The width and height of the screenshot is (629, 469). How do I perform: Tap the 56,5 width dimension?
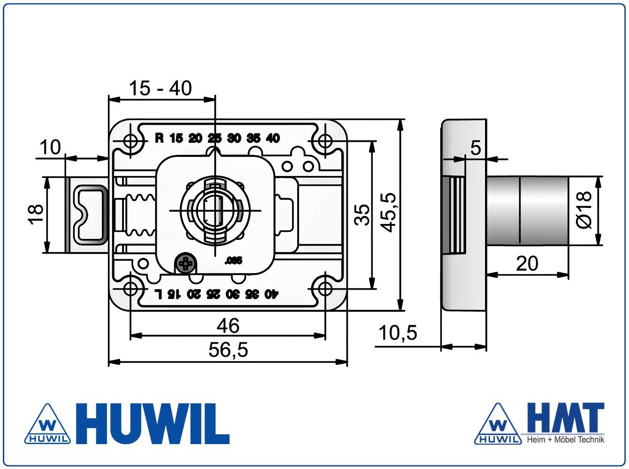[228, 350]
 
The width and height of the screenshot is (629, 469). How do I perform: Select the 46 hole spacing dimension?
[228, 326]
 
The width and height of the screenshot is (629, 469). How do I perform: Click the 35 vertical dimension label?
[362, 215]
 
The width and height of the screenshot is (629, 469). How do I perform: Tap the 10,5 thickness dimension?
[398, 333]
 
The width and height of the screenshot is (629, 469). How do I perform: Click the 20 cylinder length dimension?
[527, 263]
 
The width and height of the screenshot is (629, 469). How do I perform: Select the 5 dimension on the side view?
[476, 148]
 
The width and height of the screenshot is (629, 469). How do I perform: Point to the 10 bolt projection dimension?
[50, 147]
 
